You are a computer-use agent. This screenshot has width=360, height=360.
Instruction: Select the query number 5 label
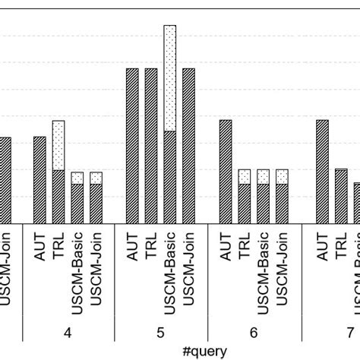[x=160, y=332]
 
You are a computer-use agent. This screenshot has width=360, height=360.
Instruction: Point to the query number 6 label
[x=254, y=332]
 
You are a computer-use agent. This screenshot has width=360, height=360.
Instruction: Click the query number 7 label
[x=349, y=332]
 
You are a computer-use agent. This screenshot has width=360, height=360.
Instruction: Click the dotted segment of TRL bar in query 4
[x=58, y=145]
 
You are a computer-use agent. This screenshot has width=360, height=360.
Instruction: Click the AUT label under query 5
[x=133, y=248]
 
